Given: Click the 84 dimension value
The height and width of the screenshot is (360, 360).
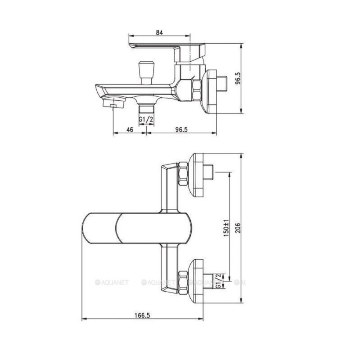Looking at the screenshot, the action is coord(159,33).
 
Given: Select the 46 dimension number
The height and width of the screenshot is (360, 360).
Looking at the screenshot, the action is coord(130,130).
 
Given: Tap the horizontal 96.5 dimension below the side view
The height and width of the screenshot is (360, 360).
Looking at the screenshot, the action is coord(181,130).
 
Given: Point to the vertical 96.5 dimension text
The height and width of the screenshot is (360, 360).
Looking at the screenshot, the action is coord(238,78).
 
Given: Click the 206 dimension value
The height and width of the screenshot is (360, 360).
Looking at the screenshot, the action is coord(238,228).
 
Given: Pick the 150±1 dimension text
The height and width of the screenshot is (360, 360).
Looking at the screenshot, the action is coord(226,228).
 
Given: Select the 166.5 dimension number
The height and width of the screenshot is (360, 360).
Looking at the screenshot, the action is coord(142,315).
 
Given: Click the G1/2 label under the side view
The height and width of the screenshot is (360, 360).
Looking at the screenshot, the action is coord(146,120).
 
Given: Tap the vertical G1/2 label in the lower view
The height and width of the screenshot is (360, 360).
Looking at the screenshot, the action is coord(218,281).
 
